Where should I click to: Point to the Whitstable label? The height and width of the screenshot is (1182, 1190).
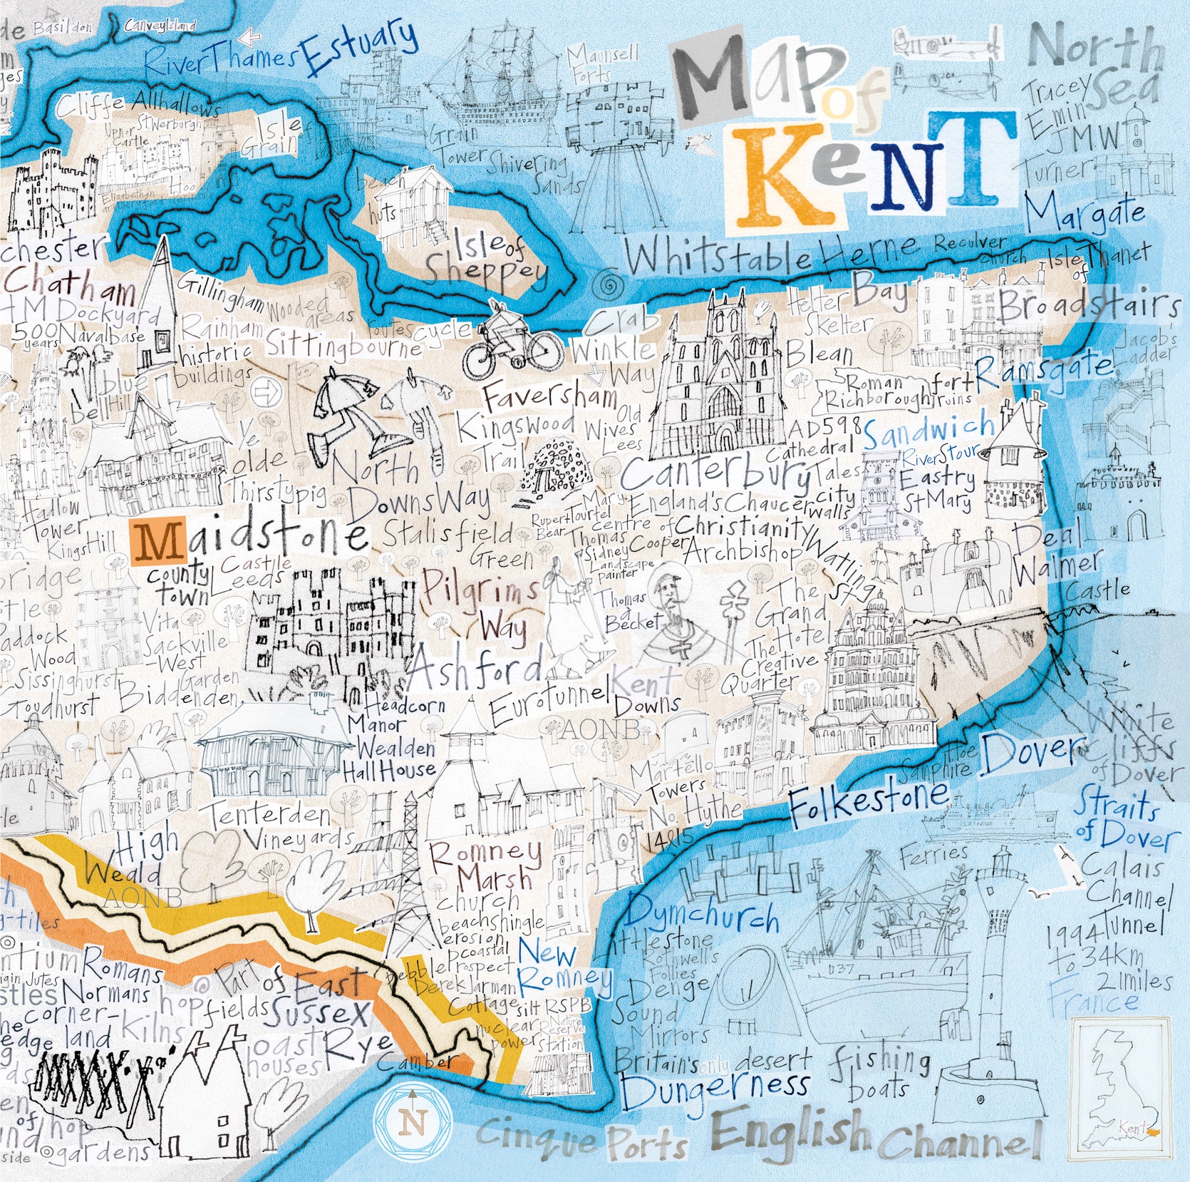[x=720, y=256]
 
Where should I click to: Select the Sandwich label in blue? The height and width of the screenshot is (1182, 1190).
[x=928, y=430]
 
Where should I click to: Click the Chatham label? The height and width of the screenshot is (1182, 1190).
[x=69, y=284]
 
